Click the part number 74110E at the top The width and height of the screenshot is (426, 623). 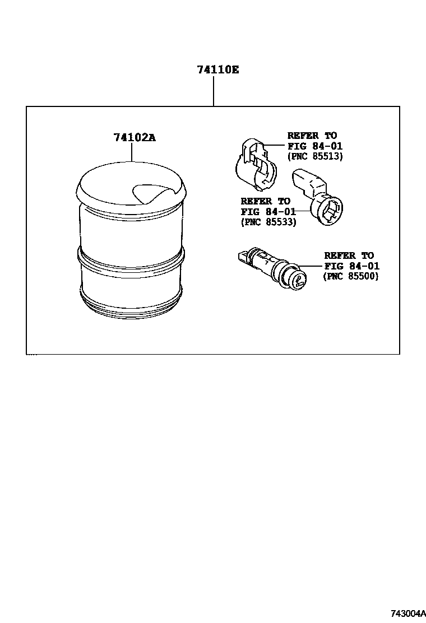(218, 70)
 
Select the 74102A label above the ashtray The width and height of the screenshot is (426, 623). (135, 137)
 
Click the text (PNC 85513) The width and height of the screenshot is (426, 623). (314, 156)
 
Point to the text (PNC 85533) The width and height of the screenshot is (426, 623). (268, 222)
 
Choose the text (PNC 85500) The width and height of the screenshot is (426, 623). (351, 276)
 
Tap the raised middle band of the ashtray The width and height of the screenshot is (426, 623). (132, 258)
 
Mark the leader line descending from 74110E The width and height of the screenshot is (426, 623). (214, 91)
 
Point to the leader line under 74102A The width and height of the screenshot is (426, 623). (132, 152)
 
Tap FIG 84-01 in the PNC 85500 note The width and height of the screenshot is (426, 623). (351, 266)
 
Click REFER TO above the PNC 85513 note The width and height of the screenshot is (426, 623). (312, 136)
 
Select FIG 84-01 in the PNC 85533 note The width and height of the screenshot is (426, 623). (268, 212)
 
